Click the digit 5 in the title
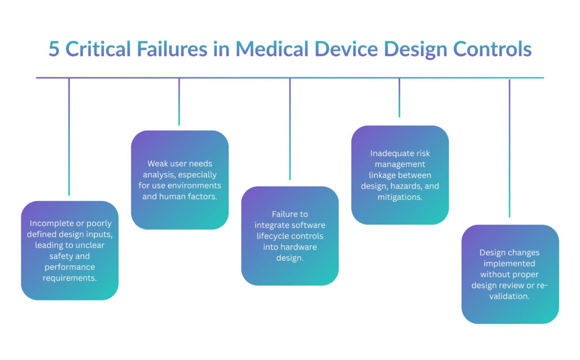tap(53, 49)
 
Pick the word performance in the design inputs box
tap(70, 267)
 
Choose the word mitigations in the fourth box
tap(400, 196)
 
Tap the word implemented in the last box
tap(509, 263)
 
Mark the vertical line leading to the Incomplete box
tap(69, 136)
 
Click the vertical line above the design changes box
tap(509, 147)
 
